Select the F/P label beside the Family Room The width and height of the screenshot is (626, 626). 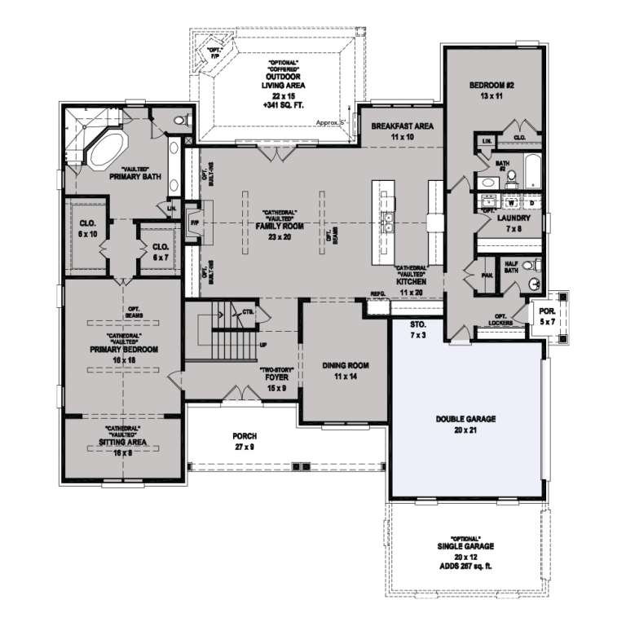point(194,222)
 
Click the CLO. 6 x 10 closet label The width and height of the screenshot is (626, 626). point(87,227)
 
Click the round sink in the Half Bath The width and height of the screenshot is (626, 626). point(534,284)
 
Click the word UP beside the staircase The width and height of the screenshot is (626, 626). point(262,345)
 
